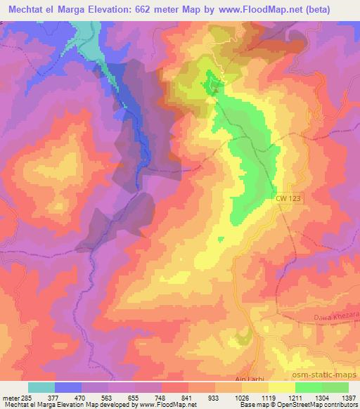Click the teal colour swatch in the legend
tap(41, 387)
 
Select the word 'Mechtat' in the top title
tap(27, 8)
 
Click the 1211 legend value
tap(295, 398)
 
